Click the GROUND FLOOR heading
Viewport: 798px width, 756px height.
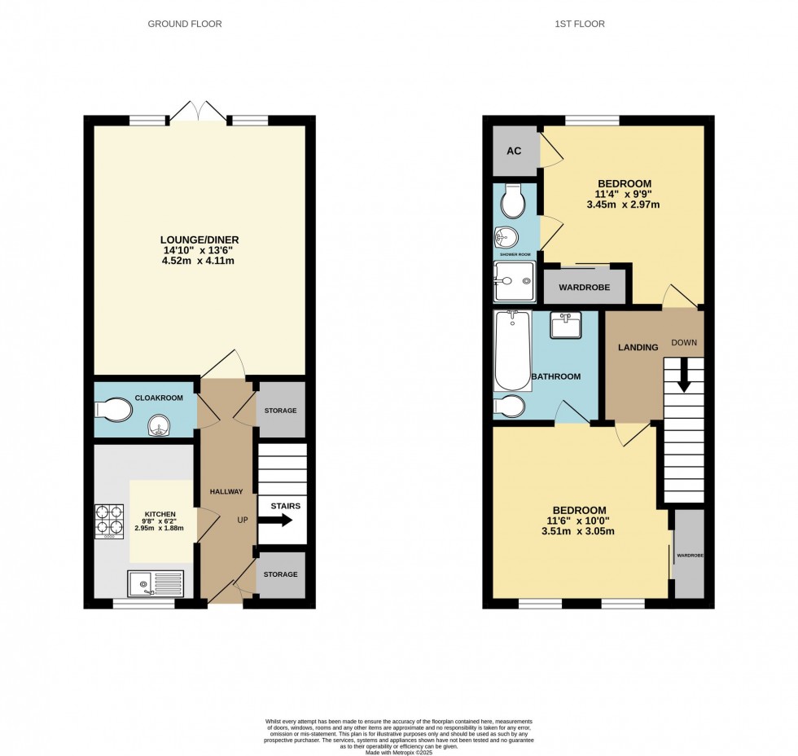[184, 24]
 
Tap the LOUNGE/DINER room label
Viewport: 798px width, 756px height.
[199, 240]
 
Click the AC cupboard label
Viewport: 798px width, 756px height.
[514, 151]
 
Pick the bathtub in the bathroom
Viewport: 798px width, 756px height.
[512, 350]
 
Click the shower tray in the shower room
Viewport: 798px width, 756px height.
[514, 282]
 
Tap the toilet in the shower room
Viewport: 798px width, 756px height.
[514, 199]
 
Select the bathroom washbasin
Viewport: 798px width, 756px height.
[566, 324]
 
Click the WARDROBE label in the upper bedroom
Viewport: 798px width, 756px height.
[585, 288]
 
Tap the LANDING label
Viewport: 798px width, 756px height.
[638, 347]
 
